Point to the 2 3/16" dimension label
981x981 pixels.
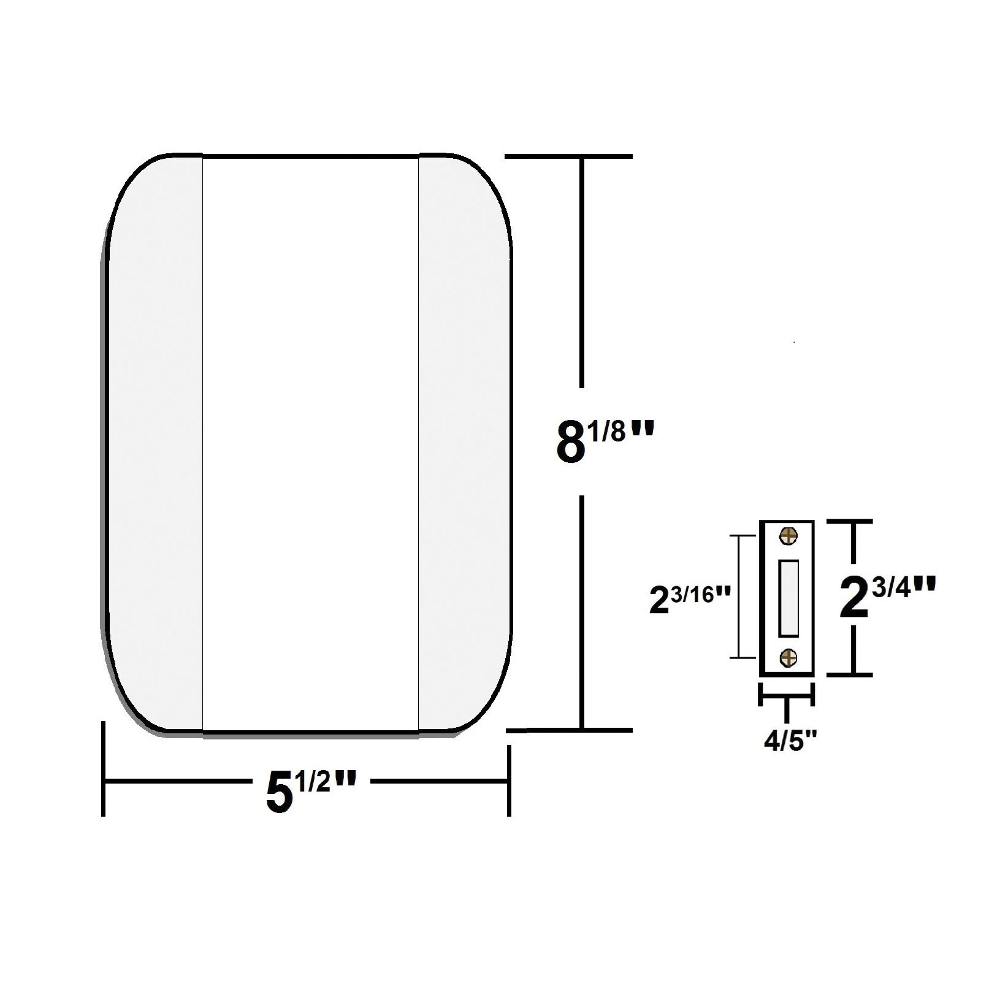pyautogui.click(x=691, y=600)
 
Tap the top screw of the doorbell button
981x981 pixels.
pyautogui.click(x=788, y=536)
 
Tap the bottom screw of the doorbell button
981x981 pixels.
pyautogui.click(x=788, y=658)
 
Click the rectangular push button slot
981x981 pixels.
pyautogui.click(x=788, y=598)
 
